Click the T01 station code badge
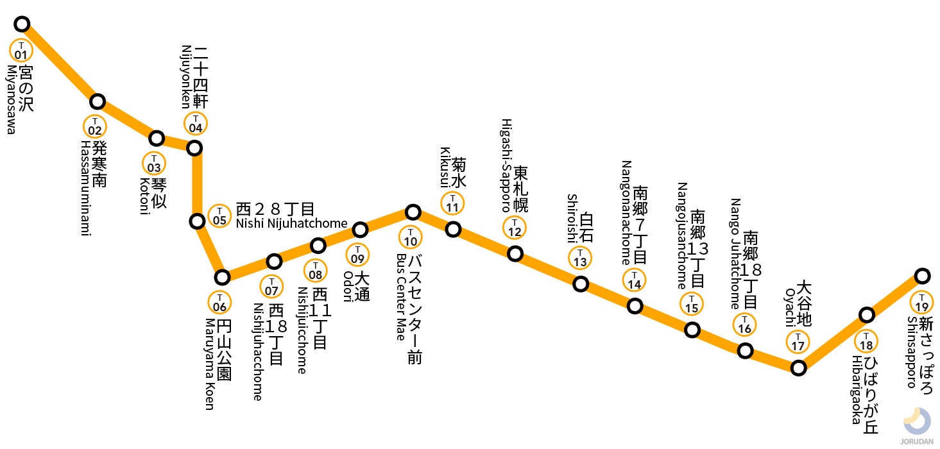(22, 50)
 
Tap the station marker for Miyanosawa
(22, 24)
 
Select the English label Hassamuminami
(85, 188)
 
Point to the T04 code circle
(195, 123)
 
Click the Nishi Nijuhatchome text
(291, 223)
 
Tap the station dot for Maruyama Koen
(222, 277)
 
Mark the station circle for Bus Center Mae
(413, 212)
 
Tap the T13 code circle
(580, 258)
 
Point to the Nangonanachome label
(626, 212)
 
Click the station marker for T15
(692, 330)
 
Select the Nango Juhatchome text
(735, 253)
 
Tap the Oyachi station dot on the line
(798, 368)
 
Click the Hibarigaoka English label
(855, 390)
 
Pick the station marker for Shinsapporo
(922, 276)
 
